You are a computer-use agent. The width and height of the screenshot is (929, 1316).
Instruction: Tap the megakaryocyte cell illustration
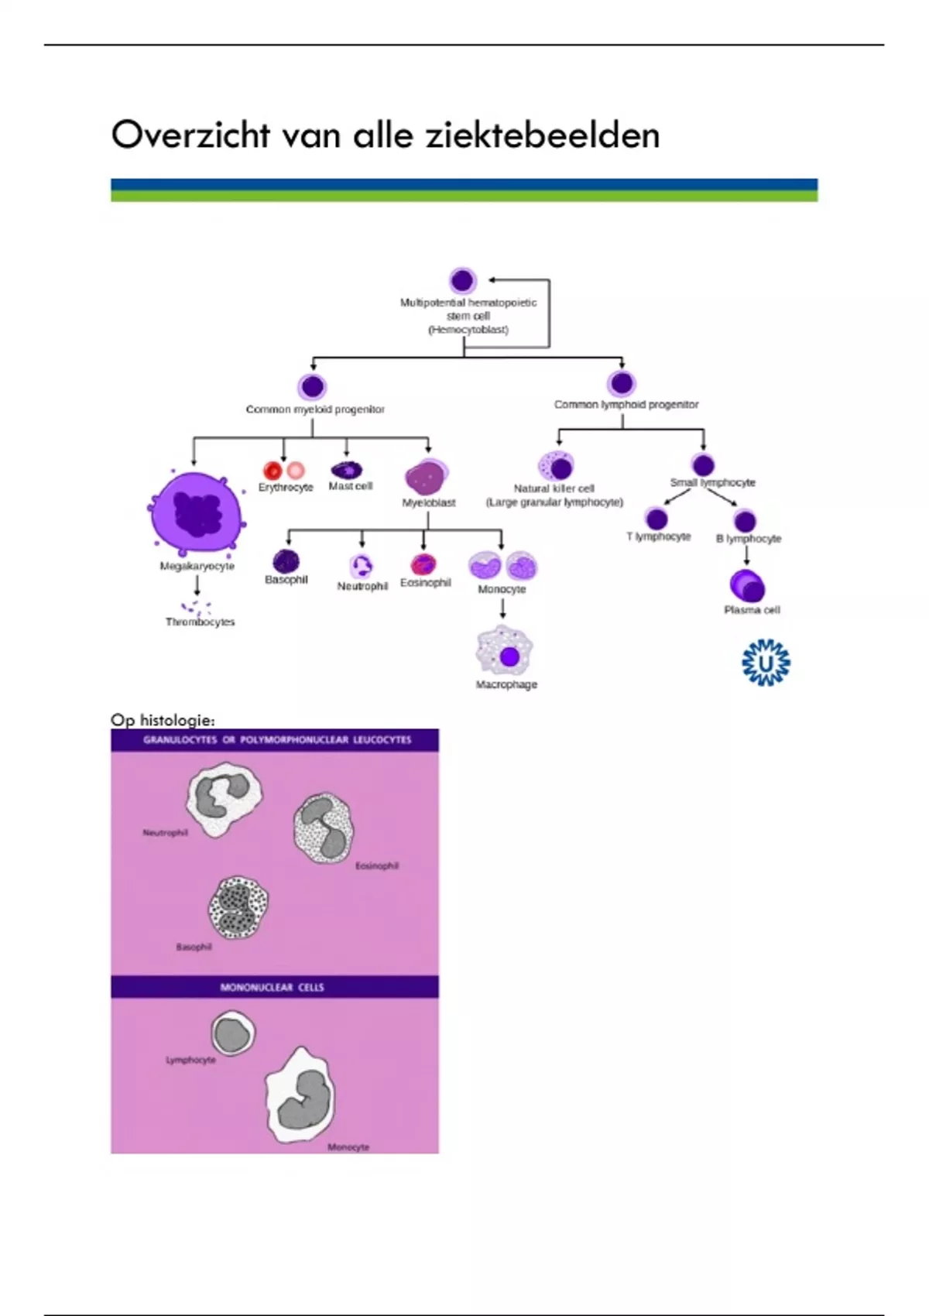[197, 512]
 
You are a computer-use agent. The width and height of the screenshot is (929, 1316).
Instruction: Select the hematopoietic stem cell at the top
[462, 280]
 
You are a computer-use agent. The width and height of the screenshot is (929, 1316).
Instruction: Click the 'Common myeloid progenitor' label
[315, 409]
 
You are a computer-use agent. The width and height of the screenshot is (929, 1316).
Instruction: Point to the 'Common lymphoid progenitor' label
[626, 404]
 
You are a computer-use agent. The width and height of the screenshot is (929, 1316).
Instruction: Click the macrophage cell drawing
[505, 651]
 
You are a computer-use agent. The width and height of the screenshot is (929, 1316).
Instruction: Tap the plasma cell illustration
[747, 585]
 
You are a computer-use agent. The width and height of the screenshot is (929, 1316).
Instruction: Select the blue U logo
[766, 663]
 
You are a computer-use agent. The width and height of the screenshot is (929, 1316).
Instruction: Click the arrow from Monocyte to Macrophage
[502, 609]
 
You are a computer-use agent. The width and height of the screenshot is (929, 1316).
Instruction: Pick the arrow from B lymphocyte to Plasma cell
[746, 555]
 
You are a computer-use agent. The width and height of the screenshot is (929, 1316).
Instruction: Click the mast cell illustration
[346, 469]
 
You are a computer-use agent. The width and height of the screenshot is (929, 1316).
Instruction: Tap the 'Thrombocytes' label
[200, 622]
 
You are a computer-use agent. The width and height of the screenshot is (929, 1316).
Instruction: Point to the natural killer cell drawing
[555, 466]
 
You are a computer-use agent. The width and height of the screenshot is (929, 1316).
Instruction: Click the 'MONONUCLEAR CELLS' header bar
[274, 987]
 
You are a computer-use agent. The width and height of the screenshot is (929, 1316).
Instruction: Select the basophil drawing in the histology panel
[238, 907]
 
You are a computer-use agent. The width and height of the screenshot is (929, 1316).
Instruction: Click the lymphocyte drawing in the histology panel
[232, 1034]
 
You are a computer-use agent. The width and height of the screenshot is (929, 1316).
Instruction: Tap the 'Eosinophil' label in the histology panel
[377, 865]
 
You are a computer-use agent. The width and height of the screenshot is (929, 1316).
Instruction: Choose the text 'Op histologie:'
[163, 720]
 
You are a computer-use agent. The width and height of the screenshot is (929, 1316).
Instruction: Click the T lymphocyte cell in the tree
[656, 518]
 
